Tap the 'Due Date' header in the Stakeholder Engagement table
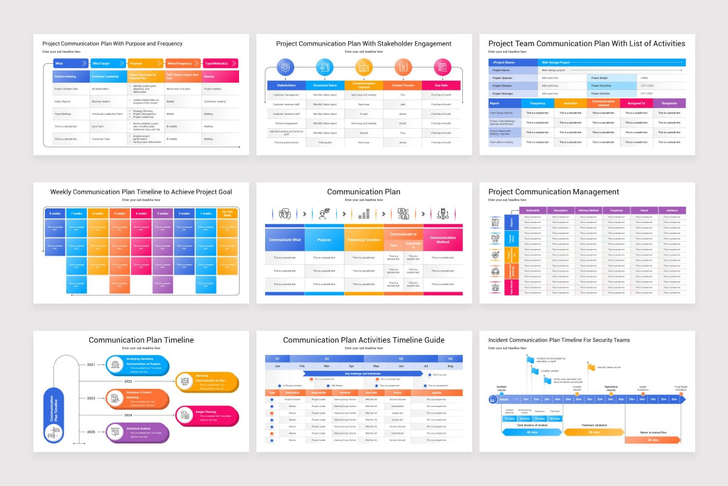(441, 86)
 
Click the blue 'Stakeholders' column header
(286, 86)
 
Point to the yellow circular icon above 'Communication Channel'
(364, 67)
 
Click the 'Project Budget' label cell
(612, 78)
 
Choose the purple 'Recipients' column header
(669, 103)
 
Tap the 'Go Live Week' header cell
(227, 214)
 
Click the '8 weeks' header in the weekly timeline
(55, 214)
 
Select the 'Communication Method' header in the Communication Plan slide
(442, 240)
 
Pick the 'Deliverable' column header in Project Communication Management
(533, 210)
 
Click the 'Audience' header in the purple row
(672, 210)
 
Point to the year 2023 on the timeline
(91, 398)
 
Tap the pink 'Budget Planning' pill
(207, 416)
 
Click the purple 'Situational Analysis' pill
(137, 432)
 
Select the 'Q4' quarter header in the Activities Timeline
(450, 358)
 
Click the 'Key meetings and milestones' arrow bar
(363, 374)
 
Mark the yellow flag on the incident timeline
(591, 367)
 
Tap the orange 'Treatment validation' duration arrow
(593, 432)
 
